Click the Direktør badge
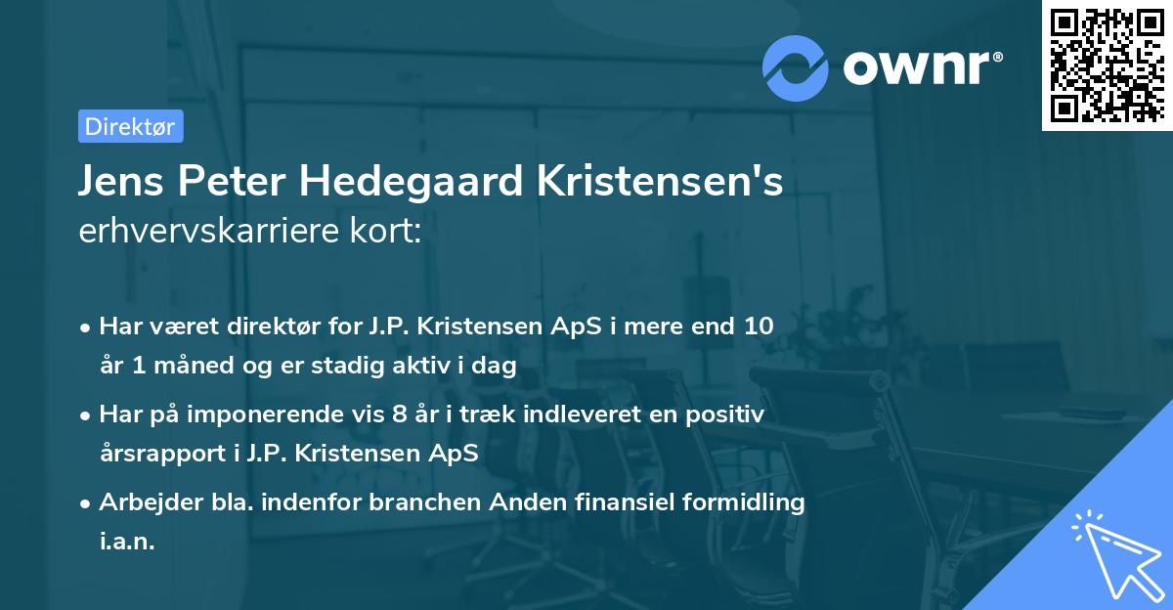coord(130,126)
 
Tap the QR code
coord(1105,65)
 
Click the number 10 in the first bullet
coord(758,327)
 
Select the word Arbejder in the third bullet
coord(143,502)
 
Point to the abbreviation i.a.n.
coord(127,542)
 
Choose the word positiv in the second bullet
coord(727,414)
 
